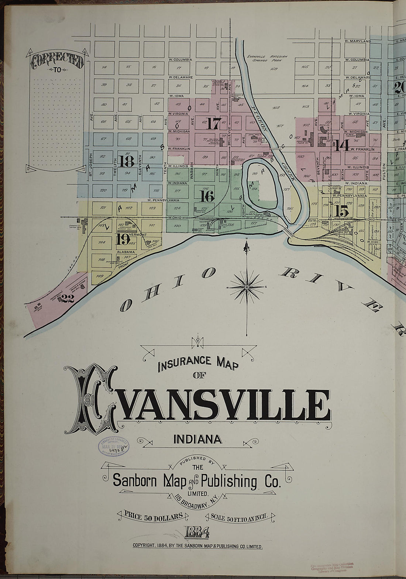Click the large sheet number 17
213,123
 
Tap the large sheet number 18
126,161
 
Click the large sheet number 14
342,146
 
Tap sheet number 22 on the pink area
68,298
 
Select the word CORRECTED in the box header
57,61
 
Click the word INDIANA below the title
197,439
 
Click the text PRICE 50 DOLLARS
154,516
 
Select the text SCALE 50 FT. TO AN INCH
242,517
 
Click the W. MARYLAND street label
357,41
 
